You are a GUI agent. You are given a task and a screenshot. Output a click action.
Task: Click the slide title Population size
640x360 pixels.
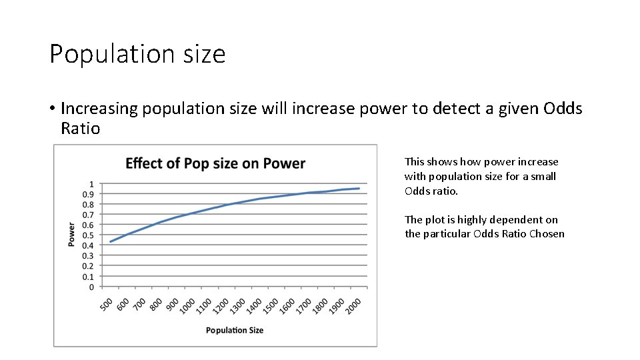click(x=137, y=54)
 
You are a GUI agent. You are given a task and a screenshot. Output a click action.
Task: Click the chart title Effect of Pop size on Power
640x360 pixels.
click(x=215, y=163)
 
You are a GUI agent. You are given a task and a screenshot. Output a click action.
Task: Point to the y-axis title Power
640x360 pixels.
click(x=71, y=235)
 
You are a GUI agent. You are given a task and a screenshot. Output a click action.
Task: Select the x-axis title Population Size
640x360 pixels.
click(x=234, y=330)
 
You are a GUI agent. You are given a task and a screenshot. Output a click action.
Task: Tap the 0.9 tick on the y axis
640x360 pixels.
click(x=87, y=194)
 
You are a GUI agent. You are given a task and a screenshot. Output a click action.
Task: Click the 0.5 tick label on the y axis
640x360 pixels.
click(x=87, y=235)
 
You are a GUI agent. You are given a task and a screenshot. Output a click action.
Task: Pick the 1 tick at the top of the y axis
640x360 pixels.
click(x=91, y=184)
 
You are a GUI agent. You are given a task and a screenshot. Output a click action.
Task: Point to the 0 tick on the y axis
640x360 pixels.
click(x=91, y=287)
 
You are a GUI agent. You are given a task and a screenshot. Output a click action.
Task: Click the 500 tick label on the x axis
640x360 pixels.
click(x=107, y=303)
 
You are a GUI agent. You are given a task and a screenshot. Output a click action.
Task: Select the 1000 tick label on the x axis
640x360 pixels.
click(x=188, y=305)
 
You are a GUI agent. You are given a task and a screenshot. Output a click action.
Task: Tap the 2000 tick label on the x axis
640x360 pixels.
click(x=354, y=305)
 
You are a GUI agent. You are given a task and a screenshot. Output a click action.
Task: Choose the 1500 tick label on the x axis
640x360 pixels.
click(x=271, y=305)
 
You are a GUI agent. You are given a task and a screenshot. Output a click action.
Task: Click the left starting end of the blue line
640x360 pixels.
click(x=111, y=241)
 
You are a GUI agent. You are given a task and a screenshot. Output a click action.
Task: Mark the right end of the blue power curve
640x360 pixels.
click(x=359, y=189)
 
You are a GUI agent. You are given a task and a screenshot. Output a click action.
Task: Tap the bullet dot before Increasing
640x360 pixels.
click(x=51, y=109)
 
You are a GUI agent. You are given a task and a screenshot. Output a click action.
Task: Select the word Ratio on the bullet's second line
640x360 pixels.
click(x=80, y=129)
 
